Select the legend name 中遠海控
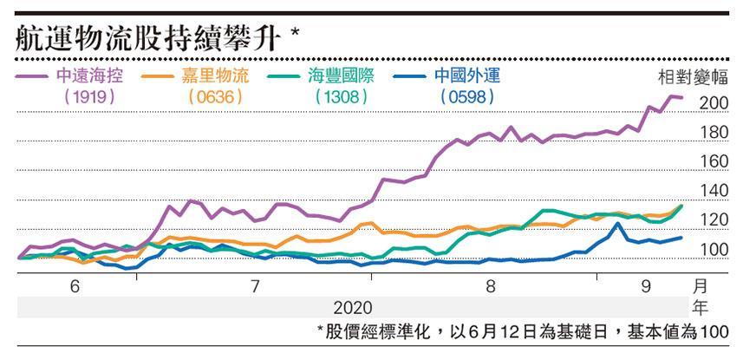click(90, 75)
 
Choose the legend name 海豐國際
click(342, 75)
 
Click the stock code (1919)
click(90, 96)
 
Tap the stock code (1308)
click(342, 96)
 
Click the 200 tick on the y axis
click(713, 103)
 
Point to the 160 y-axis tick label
click(713, 162)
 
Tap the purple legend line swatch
click(31, 76)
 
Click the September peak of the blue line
click(617, 224)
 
